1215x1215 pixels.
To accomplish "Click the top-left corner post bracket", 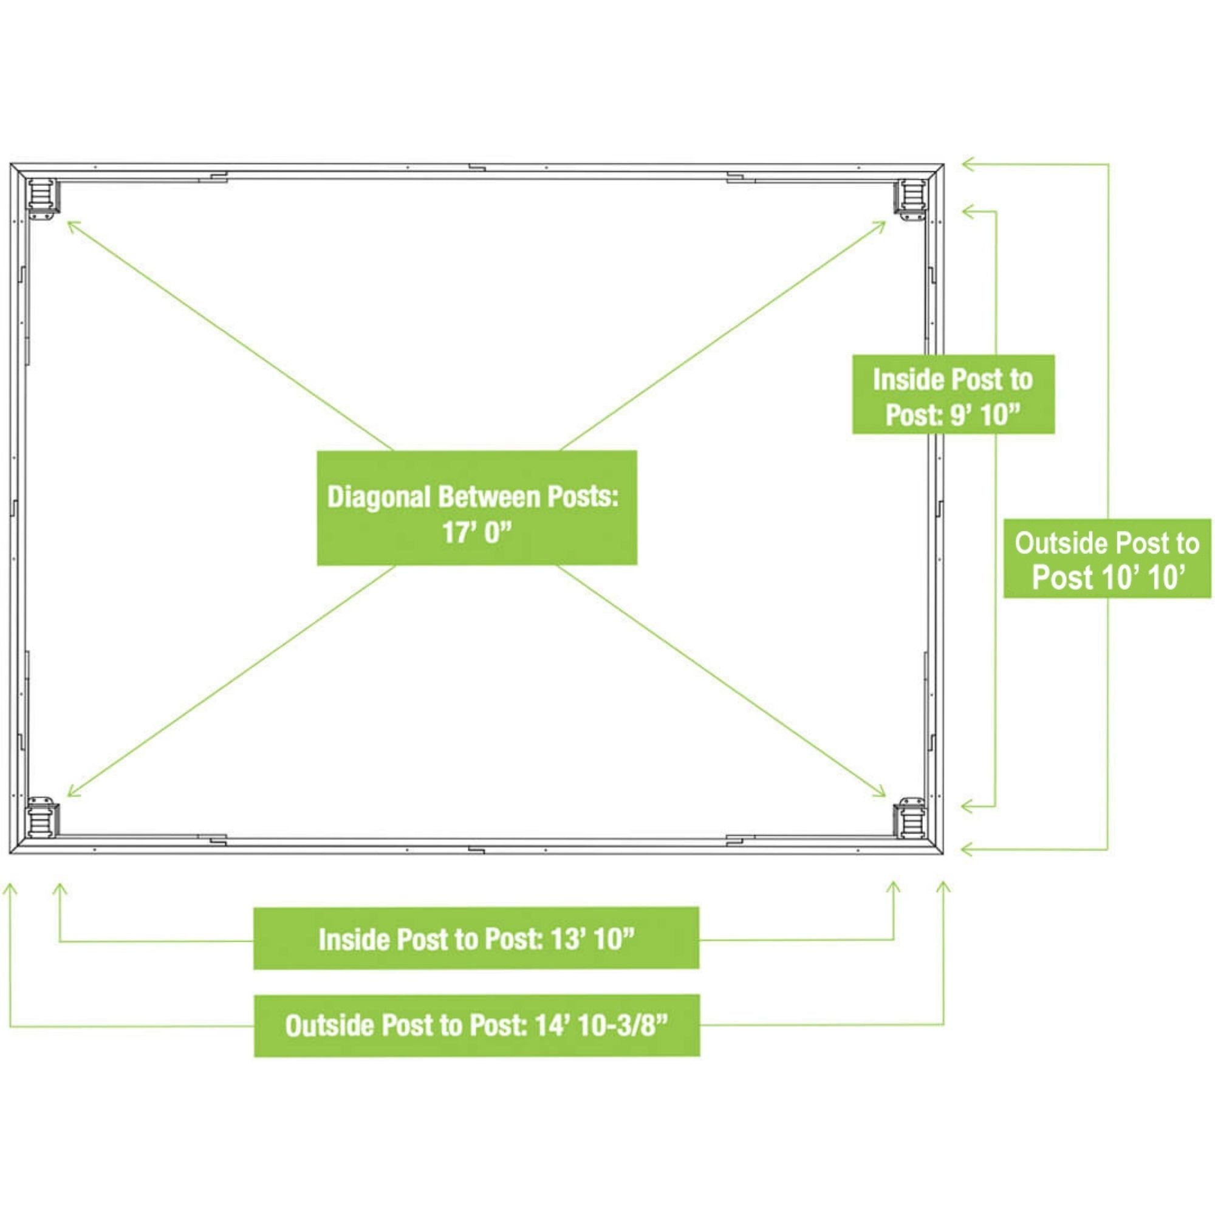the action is (42, 199).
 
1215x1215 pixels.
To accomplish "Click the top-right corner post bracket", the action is (911, 199).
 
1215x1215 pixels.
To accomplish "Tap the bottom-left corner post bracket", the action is (42, 820).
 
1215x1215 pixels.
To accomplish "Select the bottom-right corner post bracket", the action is (911, 818).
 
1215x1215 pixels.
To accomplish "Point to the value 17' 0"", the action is (477, 533).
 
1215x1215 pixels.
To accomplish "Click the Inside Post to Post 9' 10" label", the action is (953, 394).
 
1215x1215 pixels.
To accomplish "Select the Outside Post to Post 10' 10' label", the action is (1107, 558).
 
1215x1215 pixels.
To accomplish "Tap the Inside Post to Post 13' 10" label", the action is (476, 939).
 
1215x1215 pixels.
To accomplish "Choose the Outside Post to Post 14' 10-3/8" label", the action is (477, 1025).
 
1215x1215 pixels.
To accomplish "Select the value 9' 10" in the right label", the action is (984, 414).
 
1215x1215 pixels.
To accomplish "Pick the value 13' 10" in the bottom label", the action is (592, 939).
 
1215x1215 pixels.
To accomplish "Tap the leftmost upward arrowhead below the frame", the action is (10, 891).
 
